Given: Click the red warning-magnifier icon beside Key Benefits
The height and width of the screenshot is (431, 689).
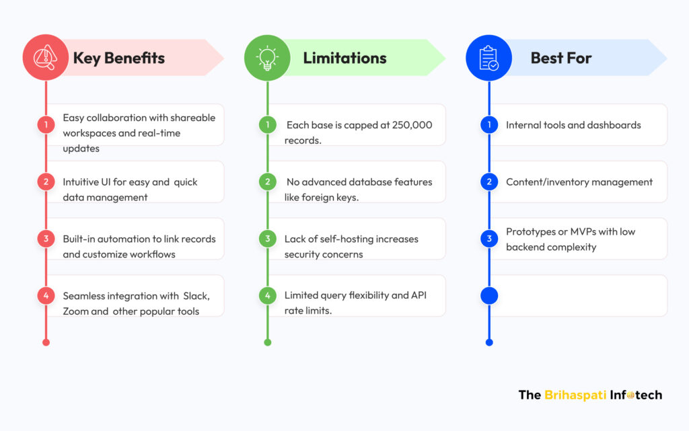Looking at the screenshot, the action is point(46,58).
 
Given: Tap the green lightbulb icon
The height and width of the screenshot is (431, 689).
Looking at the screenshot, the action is point(267,58).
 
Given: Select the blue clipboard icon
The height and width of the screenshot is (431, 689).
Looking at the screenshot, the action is point(488,58).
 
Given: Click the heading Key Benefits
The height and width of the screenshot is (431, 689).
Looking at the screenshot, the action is point(119,58).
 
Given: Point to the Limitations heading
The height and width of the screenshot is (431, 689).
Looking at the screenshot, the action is point(345,58).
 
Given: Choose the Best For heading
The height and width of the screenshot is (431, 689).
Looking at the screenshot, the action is point(561,58).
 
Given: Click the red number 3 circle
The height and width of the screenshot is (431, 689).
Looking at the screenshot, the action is point(46,239).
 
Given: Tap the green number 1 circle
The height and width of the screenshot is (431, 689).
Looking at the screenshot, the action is point(268,124).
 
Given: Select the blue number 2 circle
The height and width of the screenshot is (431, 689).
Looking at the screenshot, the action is point(489,182).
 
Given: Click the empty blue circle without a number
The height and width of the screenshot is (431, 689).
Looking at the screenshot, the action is point(489,296).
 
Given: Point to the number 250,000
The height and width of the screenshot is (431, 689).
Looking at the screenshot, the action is point(412,125).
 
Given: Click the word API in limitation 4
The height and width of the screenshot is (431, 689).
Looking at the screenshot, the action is point(419,295).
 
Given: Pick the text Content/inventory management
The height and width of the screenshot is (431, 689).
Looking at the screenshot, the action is point(579,182).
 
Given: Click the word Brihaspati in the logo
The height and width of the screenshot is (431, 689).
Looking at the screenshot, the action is point(575,395).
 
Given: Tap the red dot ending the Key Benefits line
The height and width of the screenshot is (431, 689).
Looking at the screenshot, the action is point(46,342).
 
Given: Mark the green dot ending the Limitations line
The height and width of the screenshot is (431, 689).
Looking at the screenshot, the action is point(268,342).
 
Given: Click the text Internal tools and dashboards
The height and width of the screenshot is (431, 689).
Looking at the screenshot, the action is point(573,125).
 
